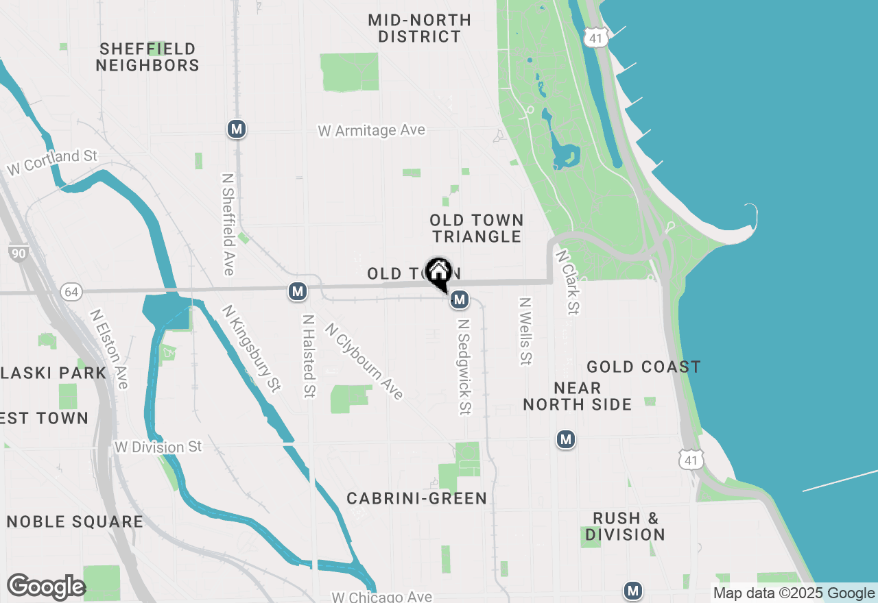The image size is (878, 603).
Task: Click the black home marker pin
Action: [x=438, y=272]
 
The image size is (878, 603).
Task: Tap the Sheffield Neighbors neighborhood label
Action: [x=147, y=58]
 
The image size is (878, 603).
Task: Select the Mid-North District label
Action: [x=420, y=29]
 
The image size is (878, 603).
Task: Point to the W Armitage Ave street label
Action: [x=371, y=130]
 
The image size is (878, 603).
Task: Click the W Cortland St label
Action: [x=52, y=162]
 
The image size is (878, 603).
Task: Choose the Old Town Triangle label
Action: [x=477, y=228]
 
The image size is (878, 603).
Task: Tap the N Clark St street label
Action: [x=568, y=282]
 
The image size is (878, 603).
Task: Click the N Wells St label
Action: [x=525, y=331]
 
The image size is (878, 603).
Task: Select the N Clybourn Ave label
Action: [x=364, y=361]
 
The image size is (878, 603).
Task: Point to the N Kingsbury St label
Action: [x=251, y=349]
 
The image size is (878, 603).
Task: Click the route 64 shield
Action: [x=71, y=293]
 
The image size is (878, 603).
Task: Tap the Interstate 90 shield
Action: [x=19, y=254]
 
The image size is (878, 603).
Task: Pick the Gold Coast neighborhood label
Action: [x=643, y=367]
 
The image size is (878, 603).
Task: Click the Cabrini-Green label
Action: [x=416, y=498]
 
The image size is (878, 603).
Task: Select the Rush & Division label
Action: [x=625, y=526]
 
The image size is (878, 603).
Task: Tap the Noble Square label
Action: [x=75, y=521]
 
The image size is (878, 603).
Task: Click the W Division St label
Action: [x=158, y=447]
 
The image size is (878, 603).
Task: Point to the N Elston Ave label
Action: [x=109, y=349]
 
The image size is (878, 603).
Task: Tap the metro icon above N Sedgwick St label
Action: [x=460, y=299]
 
